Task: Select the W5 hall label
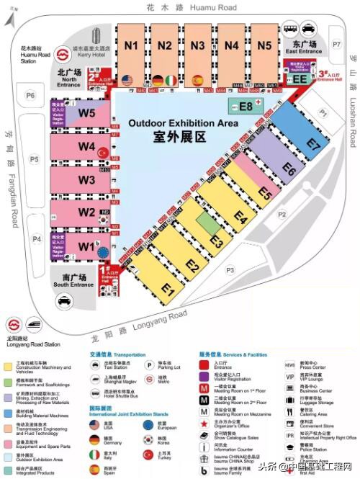87,113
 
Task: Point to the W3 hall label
87,179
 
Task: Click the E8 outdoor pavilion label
246,107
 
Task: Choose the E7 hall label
312,143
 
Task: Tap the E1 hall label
168,290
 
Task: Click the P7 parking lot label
336,45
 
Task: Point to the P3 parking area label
230,270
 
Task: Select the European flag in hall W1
103,251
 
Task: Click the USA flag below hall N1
128,80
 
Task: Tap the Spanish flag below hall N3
197,80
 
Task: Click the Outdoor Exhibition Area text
182,124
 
